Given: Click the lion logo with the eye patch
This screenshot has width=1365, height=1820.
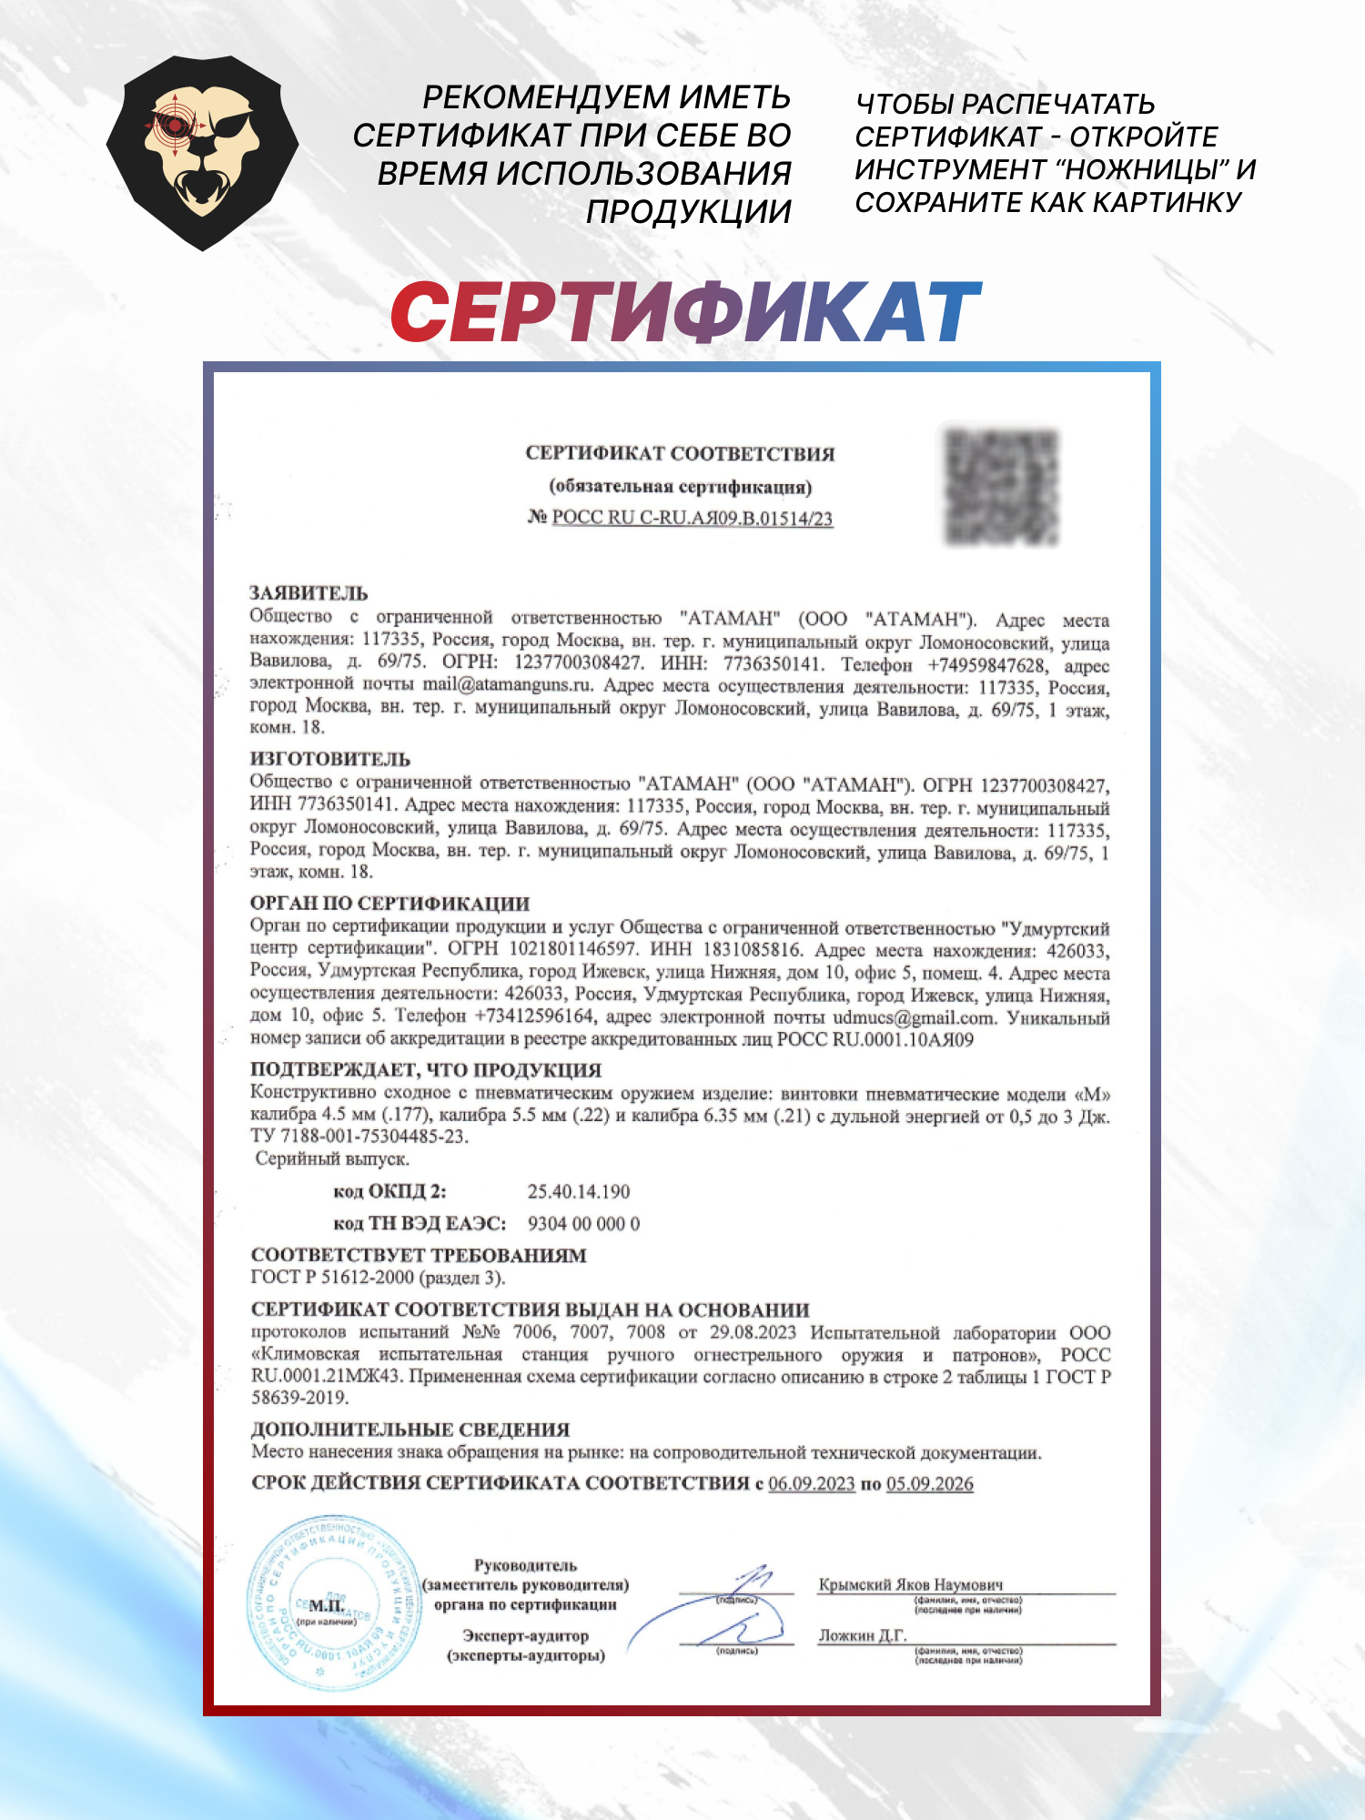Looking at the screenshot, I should [202, 152].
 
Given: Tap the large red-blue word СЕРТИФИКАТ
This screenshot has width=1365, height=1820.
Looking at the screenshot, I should [685, 312].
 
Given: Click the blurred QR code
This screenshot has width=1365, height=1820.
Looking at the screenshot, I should [1002, 486].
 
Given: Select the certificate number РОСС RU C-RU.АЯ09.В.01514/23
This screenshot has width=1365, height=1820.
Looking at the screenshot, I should [692, 519].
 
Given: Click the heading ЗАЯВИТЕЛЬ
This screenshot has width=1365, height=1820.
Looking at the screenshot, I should [308, 593].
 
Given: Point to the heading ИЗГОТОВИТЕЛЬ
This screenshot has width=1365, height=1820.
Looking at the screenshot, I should [329, 759].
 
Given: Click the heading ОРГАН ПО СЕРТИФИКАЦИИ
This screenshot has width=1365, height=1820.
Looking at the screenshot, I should [389, 904].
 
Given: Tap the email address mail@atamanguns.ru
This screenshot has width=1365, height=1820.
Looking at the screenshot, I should [508, 684].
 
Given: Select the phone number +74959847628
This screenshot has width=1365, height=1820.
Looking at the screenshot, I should [986, 665].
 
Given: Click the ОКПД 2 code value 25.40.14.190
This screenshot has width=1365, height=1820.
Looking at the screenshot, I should [579, 1191].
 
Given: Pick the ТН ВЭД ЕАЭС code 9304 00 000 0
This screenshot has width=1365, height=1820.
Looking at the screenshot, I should [583, 1224].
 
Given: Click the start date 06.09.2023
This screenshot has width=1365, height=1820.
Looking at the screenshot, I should [812, 1484].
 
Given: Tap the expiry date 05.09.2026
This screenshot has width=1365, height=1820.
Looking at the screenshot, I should [929, 1484].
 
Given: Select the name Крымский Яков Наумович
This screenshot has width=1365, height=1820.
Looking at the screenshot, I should [910, 1584].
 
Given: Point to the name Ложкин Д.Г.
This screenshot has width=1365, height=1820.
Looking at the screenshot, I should [863, 1635].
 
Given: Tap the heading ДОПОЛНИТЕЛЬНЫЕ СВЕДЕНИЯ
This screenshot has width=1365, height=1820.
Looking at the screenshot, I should [410, 1430].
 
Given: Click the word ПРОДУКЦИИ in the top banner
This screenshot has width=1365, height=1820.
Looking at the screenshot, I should [688, 211].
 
